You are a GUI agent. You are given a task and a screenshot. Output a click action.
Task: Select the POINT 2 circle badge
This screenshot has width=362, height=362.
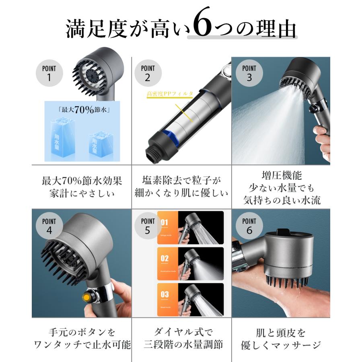click(148, 73)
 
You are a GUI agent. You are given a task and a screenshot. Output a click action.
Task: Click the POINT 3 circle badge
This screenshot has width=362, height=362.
click(249, 73)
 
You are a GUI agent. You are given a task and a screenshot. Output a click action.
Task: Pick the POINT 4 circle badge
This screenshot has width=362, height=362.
click(49, 226)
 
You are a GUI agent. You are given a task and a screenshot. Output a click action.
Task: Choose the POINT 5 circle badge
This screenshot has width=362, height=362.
click(148, 226)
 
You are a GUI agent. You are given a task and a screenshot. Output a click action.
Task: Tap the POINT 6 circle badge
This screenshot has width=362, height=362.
click(249, 226)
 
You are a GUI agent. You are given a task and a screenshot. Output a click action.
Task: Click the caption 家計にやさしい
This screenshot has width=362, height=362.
click(82, 193)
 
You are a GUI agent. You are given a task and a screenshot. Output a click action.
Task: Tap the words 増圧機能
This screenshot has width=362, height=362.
click(281, 176)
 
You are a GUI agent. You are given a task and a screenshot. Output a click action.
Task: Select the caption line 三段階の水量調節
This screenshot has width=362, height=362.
click(183, 345)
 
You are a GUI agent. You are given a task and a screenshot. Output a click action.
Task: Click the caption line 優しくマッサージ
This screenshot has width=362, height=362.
click(281, 345)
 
